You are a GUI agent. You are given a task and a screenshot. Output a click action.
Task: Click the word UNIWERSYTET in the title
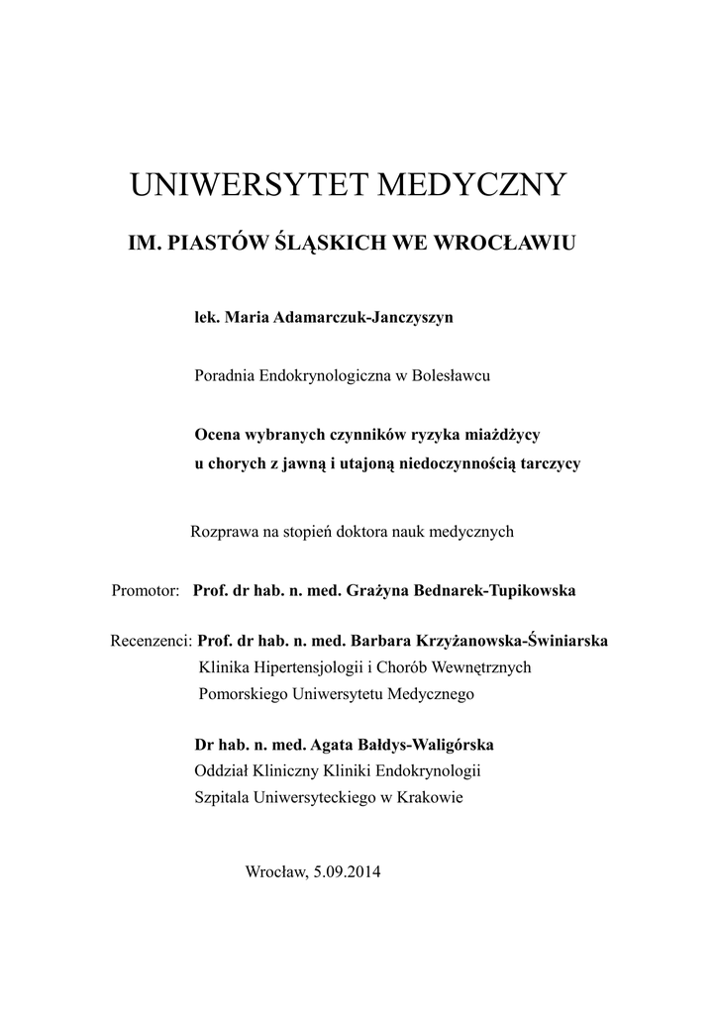[x=241, y=184]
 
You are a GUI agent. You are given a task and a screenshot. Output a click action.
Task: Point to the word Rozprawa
[x=222, y=532]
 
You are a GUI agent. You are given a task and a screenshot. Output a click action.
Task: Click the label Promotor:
[x=145, y=590]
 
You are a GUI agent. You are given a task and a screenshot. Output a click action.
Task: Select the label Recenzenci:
[x=151, y=641]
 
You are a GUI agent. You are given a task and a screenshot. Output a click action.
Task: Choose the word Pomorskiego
[x=240, y=694]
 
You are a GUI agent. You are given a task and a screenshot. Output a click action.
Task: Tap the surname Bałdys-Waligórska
[x=417, y=744]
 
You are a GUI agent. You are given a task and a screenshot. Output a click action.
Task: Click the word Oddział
[x=223, y=770]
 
